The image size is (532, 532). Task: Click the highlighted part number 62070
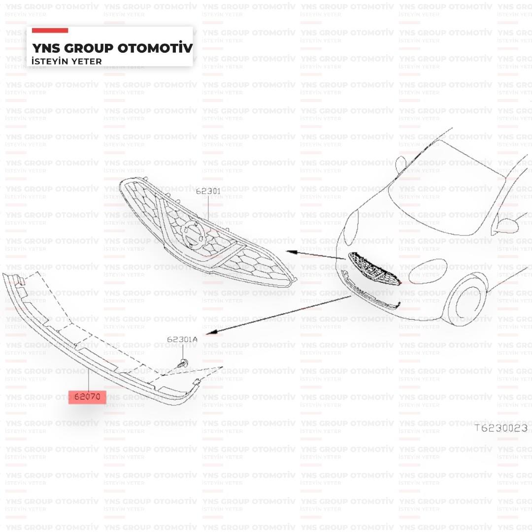coord(87,396)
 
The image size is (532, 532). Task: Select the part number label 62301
coord(208,191)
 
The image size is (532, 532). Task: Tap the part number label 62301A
coord(182,339)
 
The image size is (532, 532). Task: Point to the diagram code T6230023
coord(501,428)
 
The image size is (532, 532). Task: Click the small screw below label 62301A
coord(182,364)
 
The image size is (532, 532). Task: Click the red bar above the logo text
coord(50,31)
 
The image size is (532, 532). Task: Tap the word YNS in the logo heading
coord(46,48)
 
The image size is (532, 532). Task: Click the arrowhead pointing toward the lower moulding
coord(211,332)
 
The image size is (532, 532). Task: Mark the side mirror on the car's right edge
coord(505,226)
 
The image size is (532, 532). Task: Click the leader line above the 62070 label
coord(88,379)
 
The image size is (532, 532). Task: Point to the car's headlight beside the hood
coord(351,228)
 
